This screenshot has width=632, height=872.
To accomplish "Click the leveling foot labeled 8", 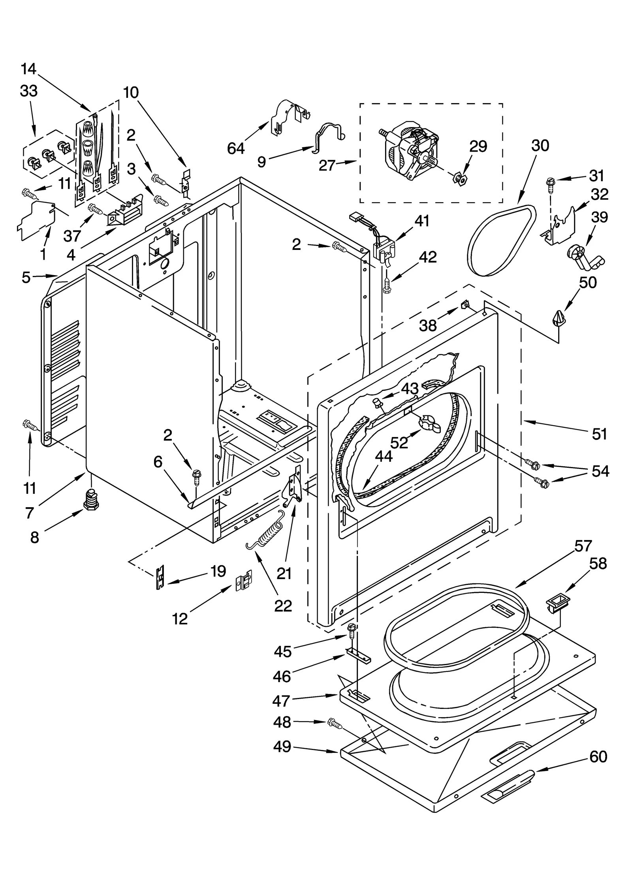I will tap(91, 500).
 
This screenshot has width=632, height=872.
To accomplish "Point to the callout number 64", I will tap(236, 149).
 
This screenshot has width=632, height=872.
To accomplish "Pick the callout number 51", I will tap(600, 434).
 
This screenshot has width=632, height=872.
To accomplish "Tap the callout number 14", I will tap(28, 69).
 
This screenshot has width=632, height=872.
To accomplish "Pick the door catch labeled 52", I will tap(429, 422).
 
